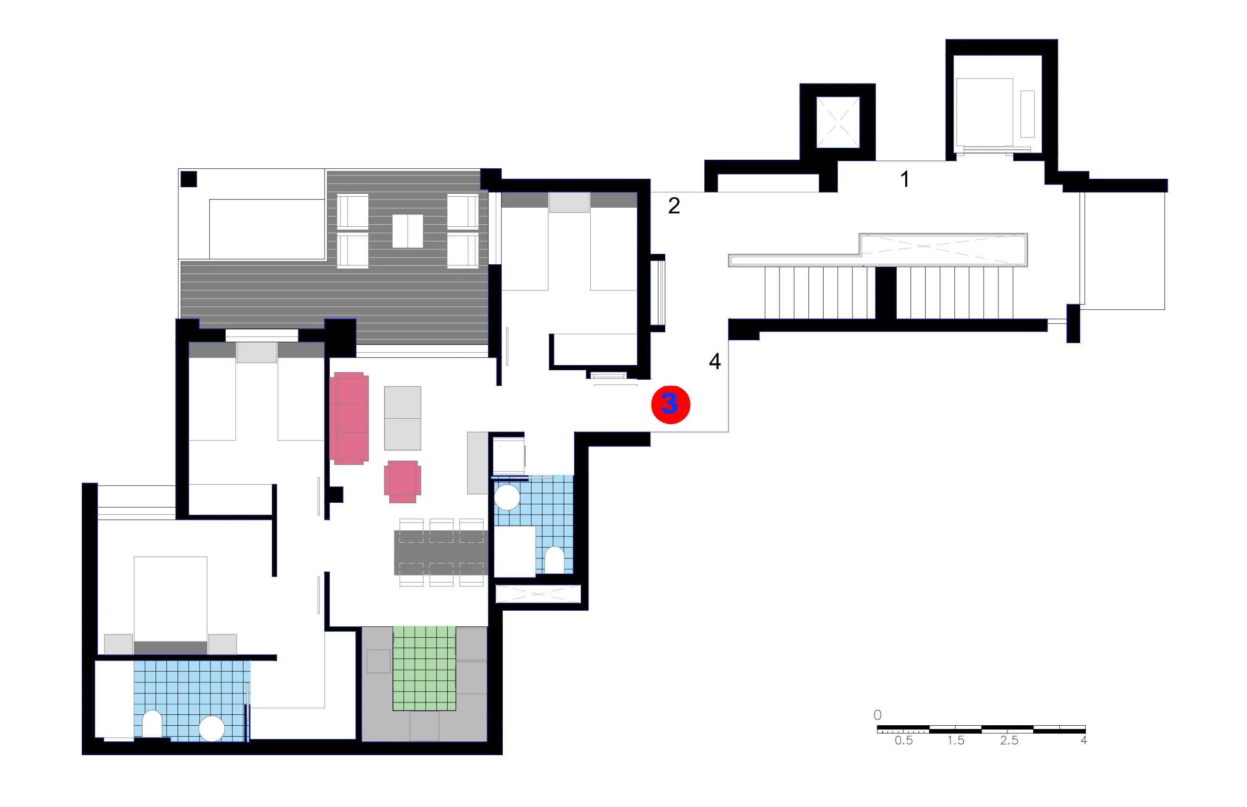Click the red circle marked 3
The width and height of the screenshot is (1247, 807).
coord(670,405)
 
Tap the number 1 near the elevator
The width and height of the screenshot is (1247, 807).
coord(904,179)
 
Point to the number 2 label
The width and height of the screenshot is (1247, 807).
coord(674,205)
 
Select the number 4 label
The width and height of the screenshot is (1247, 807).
coord(715,361)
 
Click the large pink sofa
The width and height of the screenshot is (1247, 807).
coord(349,418)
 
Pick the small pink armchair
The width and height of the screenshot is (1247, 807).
coord(403,481)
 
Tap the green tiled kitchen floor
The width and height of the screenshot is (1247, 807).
coord(424,668)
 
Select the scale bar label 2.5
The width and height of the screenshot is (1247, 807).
coord(1009,740)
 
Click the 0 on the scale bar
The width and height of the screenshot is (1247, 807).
coord(878,715)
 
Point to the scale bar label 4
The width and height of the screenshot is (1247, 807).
coord(1084,740)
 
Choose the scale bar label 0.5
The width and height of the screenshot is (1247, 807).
coord(903,740)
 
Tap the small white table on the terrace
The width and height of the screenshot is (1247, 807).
coord(408,231)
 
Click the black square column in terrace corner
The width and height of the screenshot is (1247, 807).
coord(189,179)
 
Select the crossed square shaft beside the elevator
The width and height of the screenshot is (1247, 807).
coord(838,123)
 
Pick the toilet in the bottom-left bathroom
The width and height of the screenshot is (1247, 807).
coord(152,724)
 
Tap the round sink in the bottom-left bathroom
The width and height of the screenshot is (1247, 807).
coord(211,729)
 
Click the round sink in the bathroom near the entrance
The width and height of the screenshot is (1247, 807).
coord(507,497)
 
